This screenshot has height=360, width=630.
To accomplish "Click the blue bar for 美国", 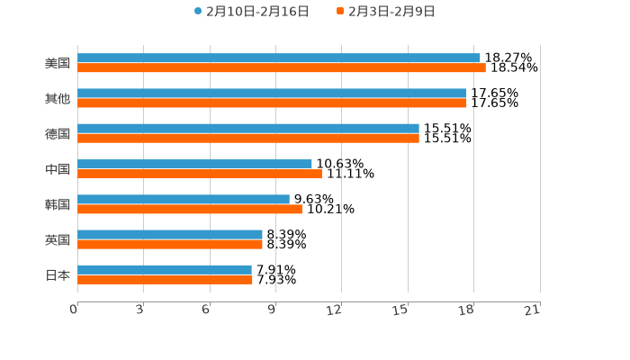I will (279, 58).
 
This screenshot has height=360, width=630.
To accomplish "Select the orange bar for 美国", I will (282, 67).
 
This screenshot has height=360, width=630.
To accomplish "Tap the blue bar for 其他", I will (272, 93).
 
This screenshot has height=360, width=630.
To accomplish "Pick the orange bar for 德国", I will (248, 138).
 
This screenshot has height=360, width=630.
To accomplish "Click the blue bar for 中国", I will (194, 164).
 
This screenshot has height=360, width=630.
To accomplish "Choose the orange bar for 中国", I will (200, 174).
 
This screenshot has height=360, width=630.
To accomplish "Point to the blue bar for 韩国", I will (184, 199).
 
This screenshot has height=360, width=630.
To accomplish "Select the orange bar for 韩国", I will (190, 209).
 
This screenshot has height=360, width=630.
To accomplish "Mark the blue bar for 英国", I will (170, 234).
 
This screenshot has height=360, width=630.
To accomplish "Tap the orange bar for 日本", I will (165, 279).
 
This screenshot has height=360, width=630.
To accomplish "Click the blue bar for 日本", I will (165, 269).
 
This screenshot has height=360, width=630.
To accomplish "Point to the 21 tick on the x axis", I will (532, 310).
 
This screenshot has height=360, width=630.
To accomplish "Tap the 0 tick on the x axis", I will (74, 310).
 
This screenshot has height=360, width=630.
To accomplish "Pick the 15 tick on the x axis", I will (400, 310).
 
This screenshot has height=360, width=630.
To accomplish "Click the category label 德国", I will (58, 133).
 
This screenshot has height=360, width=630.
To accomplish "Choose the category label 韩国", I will (58, 204).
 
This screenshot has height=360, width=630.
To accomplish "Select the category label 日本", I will (58, 274).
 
